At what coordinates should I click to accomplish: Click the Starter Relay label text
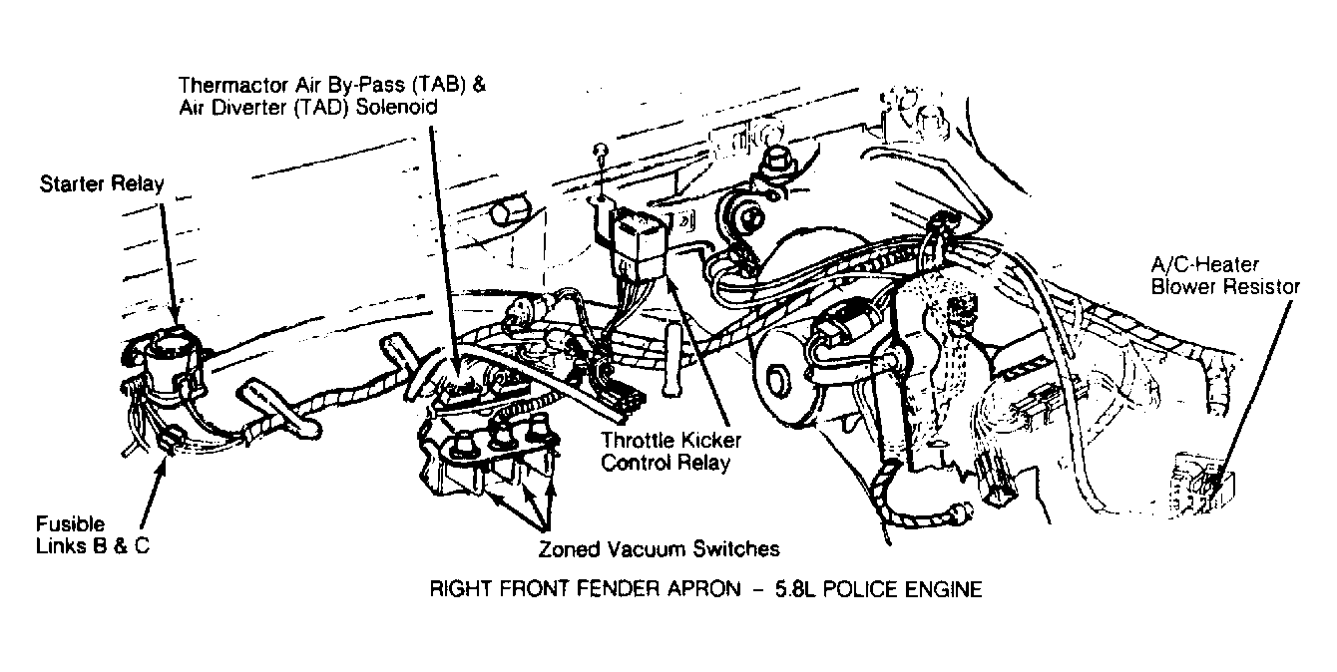pyautogui.click(x=102, y=183)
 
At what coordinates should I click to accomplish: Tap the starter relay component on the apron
pyautogui.click(x=165, y=364)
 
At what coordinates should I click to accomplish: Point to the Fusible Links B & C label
pyautogui.click(x=93, y=534)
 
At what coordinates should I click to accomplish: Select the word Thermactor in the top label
pyautogui.click(x=233, y=85)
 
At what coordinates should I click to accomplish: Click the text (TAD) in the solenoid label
pyautogui.click(x=322, y=108)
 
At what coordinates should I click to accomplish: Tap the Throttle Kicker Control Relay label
pyautogui.click(x=670, y=452)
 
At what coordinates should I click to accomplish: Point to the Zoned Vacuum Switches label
pyautogui.click(x=659, y=548)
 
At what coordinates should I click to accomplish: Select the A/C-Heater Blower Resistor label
pyautogui.click(x=1225, y=275)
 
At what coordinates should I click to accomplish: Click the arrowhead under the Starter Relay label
pyautogui.click(x=175, y=314)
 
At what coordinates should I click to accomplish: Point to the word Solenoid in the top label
pyautogui.click(x=396, y=108)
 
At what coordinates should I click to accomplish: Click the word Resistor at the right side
pyautogui.click(x=1262, y=287)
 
